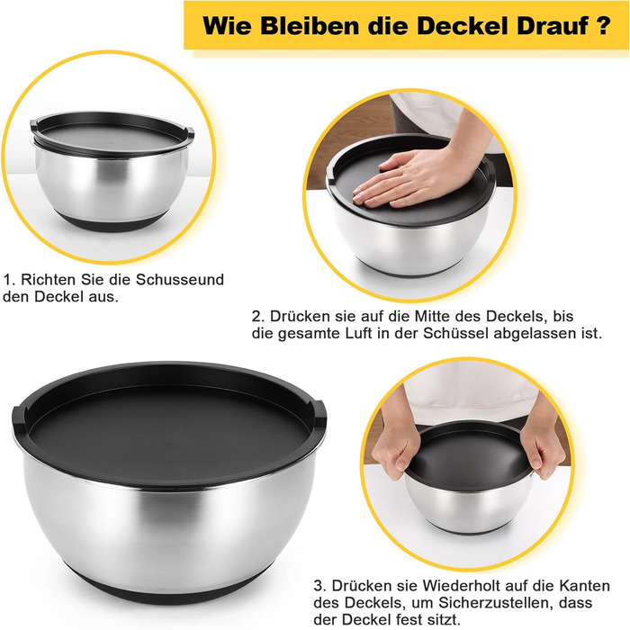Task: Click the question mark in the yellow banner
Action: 603,25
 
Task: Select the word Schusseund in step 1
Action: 180,279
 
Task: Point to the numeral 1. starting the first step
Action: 9,279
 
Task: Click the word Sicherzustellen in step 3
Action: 490,603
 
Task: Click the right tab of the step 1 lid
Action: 189,132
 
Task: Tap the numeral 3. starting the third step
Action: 320,585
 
